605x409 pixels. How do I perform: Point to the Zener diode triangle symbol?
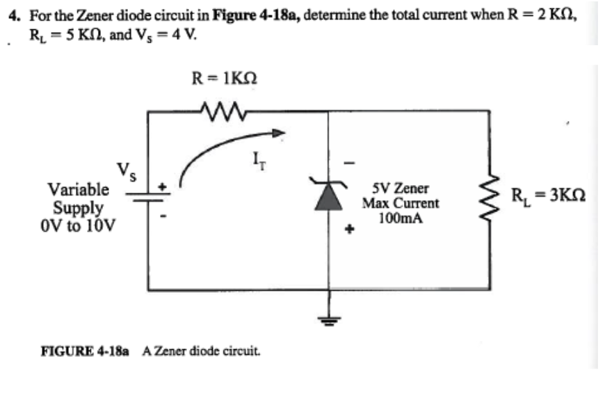coord(329,198)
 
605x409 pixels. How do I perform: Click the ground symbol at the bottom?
coord(329,319)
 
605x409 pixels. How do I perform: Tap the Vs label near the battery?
coord(126,169)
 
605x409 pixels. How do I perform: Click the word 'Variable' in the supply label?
coord(78,189)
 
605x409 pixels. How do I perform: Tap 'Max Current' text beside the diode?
coord(400,203)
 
